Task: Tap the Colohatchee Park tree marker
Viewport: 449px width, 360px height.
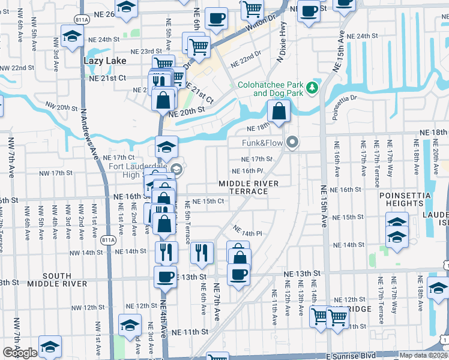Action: click(312, 89)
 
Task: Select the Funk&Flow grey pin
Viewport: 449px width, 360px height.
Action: click(292, 143)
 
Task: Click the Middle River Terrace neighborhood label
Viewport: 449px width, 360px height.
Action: click(243, 187)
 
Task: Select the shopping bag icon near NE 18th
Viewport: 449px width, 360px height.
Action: click(279, 111)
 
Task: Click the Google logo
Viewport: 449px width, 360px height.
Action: click(20, 353)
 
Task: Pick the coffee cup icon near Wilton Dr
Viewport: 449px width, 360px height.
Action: click(216, 18)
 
